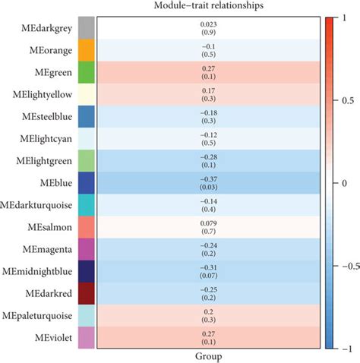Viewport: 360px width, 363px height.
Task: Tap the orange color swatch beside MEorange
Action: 86,50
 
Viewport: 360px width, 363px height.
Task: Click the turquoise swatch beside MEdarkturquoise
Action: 86,206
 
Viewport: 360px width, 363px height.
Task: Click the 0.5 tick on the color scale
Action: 346,99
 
